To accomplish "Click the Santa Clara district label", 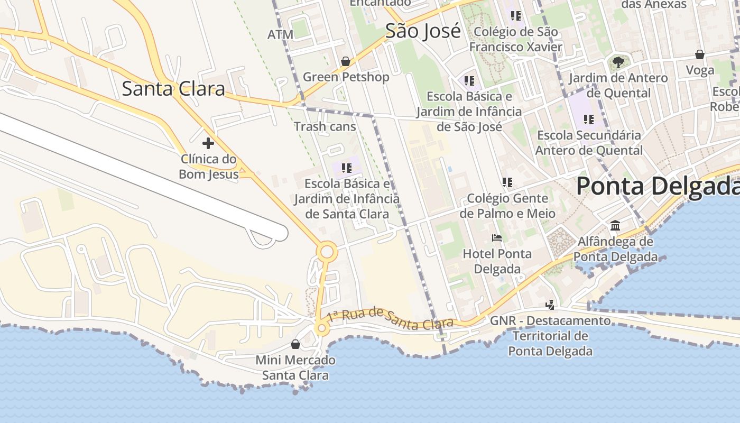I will click(173, 88).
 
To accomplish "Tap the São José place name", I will click(423, 31).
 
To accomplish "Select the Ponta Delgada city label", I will click(658, 186).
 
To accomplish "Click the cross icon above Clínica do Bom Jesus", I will click(208, 143).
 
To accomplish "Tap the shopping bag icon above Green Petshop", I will click(346, 61).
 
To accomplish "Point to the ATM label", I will click(280, 35).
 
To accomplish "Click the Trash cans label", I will click(325, 126).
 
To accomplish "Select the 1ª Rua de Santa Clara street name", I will click(390, 316).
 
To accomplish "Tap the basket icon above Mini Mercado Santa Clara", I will click(295, 344).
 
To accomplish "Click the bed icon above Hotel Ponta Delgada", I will click(497, 238).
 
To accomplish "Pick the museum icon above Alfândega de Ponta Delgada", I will click(615, 226).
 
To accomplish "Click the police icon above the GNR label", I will click(550, 305).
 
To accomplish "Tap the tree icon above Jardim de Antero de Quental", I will click(618, 62).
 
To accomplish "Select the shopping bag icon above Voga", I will click(700, 54).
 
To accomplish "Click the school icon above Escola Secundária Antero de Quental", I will click(588, 119).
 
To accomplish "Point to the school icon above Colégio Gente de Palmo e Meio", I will click(507, 182).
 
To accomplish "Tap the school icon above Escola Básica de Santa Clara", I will click(347, 168).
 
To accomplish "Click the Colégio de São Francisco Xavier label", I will click(516, 39).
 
